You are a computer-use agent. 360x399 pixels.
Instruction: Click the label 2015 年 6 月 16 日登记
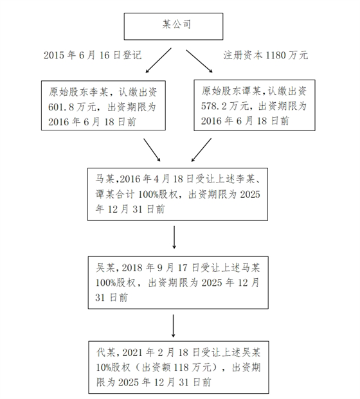[x=93, y=55]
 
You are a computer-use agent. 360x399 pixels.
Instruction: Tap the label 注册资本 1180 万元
[x=265, y=55]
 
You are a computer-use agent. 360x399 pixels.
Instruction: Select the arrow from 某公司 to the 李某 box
[x=158, y=60]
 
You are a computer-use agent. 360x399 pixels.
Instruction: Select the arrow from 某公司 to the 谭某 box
[x=199, y=61]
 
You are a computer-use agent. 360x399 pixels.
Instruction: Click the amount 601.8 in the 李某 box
[x=61, y=107]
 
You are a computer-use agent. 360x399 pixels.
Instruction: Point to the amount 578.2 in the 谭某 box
[x=214, y=106]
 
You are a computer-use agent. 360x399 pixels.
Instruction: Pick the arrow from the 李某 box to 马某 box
[x=152, y=150]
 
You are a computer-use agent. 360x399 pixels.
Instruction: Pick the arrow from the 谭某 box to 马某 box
[x=201, y=150]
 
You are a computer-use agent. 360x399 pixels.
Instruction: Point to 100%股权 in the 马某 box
[x=158, y=195]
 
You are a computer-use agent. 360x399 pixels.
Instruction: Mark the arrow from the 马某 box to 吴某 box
[x=174, y=237]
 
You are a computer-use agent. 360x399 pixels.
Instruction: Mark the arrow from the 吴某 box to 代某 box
[x=174, y=326]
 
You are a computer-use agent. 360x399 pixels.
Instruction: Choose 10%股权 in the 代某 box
[x=113, y=367]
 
